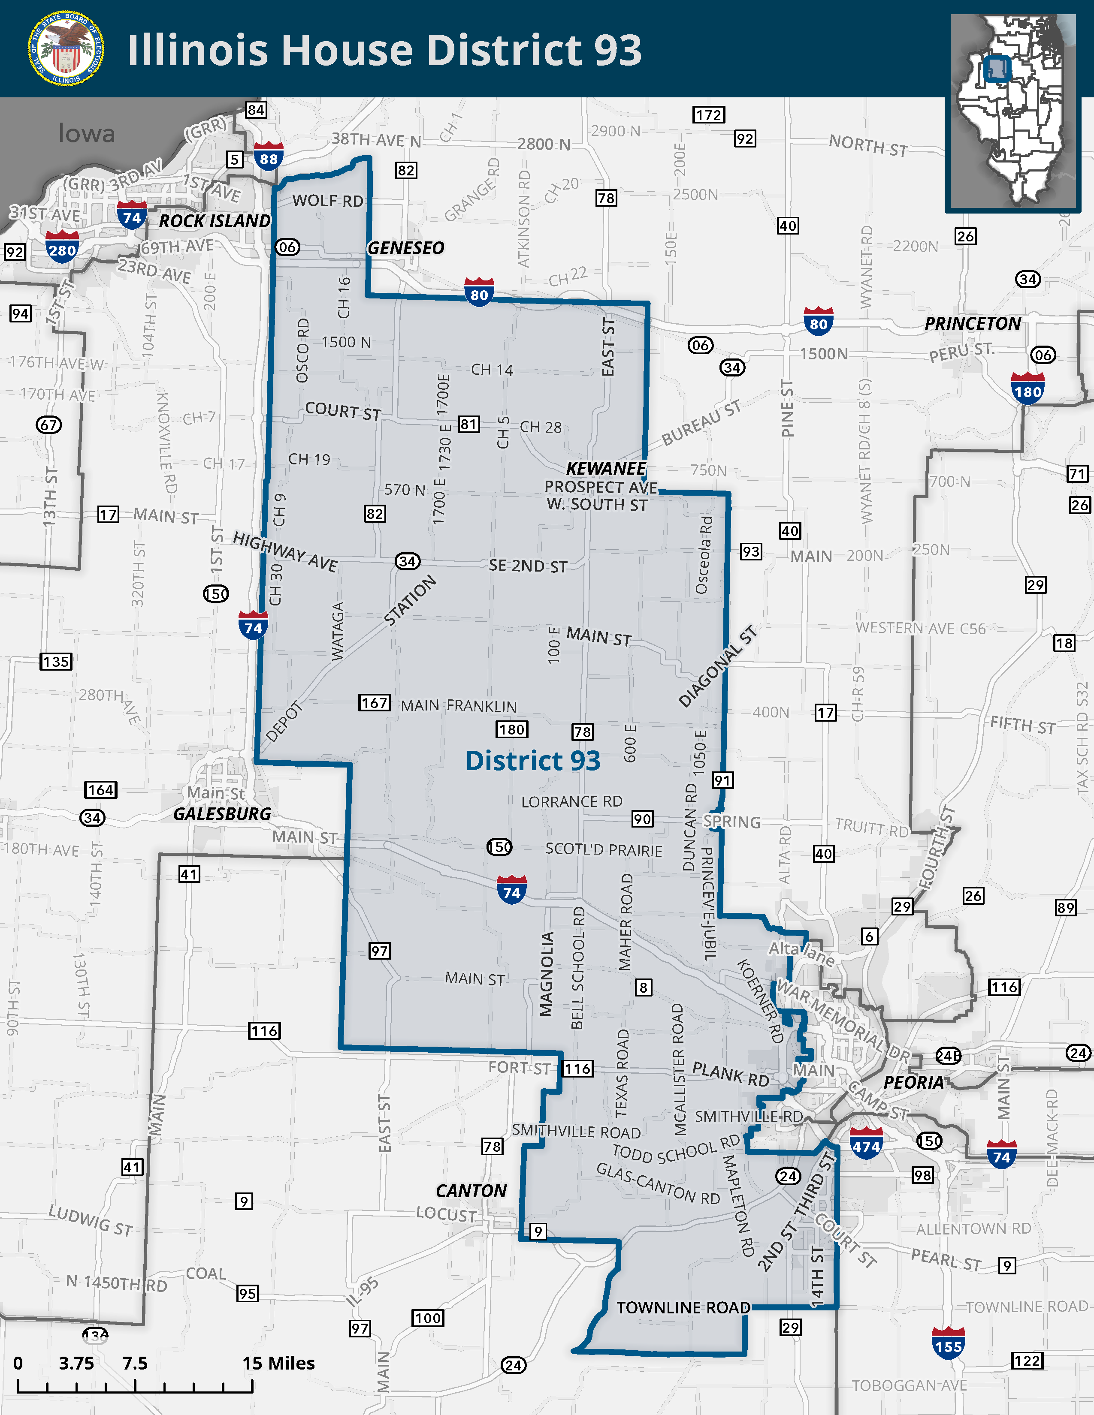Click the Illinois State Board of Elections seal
coord(66,48)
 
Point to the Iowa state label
coord(86,133)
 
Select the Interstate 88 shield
coord(268,157)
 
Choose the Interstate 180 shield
coord(1027,389)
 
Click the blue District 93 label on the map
coord(533,760)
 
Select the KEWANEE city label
coord(606,468)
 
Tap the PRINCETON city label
coord(972,323)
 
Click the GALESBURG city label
coord(222,814)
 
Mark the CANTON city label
coord(471,1191)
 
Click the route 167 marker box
coord(375,702)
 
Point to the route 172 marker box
coord(708,114)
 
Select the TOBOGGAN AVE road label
coord(909,1385)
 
